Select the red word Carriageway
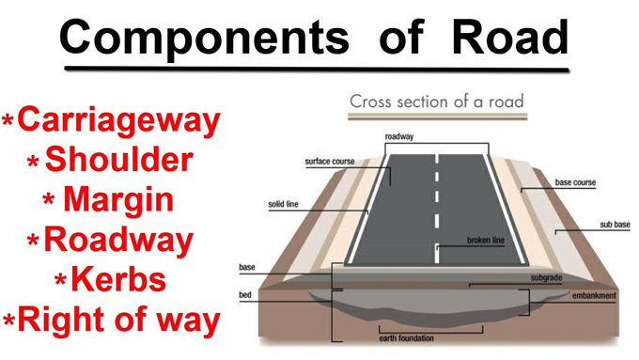point(118,119)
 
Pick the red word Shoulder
point(118,160)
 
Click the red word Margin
point(118,200)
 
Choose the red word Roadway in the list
point(118,241)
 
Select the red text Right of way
point(118,321)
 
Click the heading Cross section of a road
point(436,102)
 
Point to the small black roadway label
point(399,137)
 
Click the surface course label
point(330,162)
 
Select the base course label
point(575,182)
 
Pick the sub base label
point(615,226)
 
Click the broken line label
point(486,241)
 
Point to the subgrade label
point(547,278)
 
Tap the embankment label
point(594,296)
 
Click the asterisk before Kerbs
point(61,282)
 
